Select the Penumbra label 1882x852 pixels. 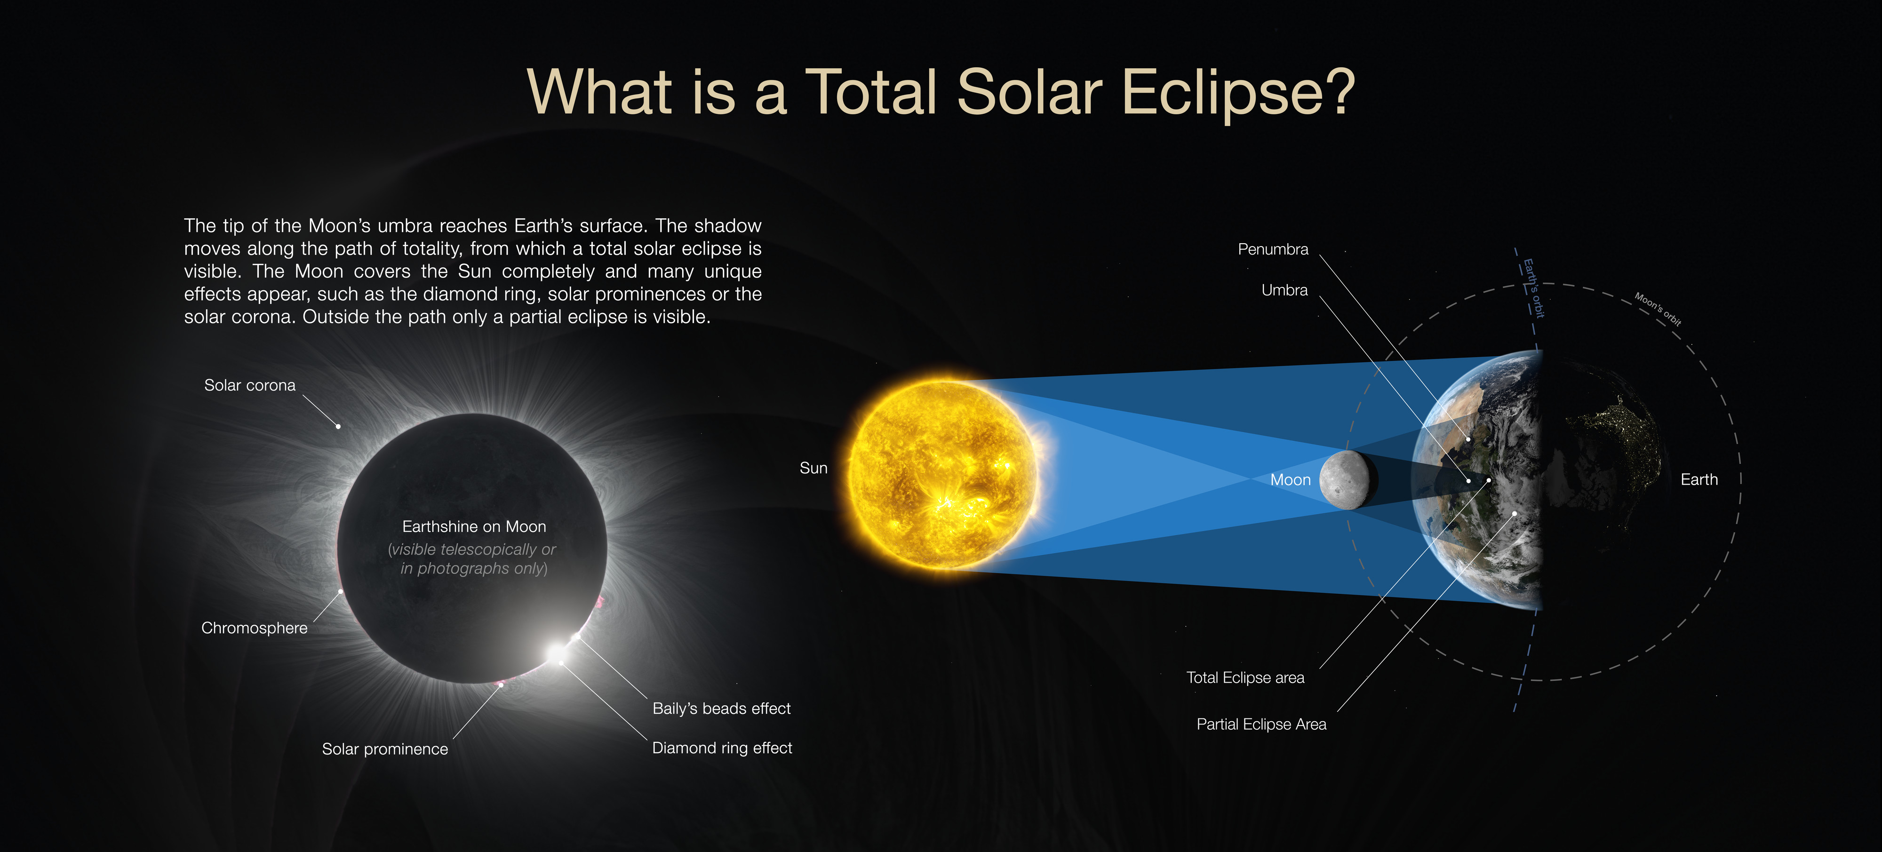tap(1273, 249)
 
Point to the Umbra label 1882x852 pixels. tap(1284, 290)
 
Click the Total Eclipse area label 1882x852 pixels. tap(1245, 677)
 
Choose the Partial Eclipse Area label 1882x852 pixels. tap(1261, 724)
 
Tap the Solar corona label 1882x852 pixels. tap(250, 385)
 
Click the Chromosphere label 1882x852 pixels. tap(254, 628)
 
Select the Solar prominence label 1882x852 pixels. tap(385, 749)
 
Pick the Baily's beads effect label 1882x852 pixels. tap(721, 708)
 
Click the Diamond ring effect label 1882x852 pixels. tap(722, 748)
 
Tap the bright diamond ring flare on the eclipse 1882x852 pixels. tap(557, 650)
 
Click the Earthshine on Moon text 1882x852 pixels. tap(474, 526)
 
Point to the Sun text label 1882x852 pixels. tap(813, 468)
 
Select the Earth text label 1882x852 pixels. tap(1699, 479)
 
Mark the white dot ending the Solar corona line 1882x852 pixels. tap(338, 426)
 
